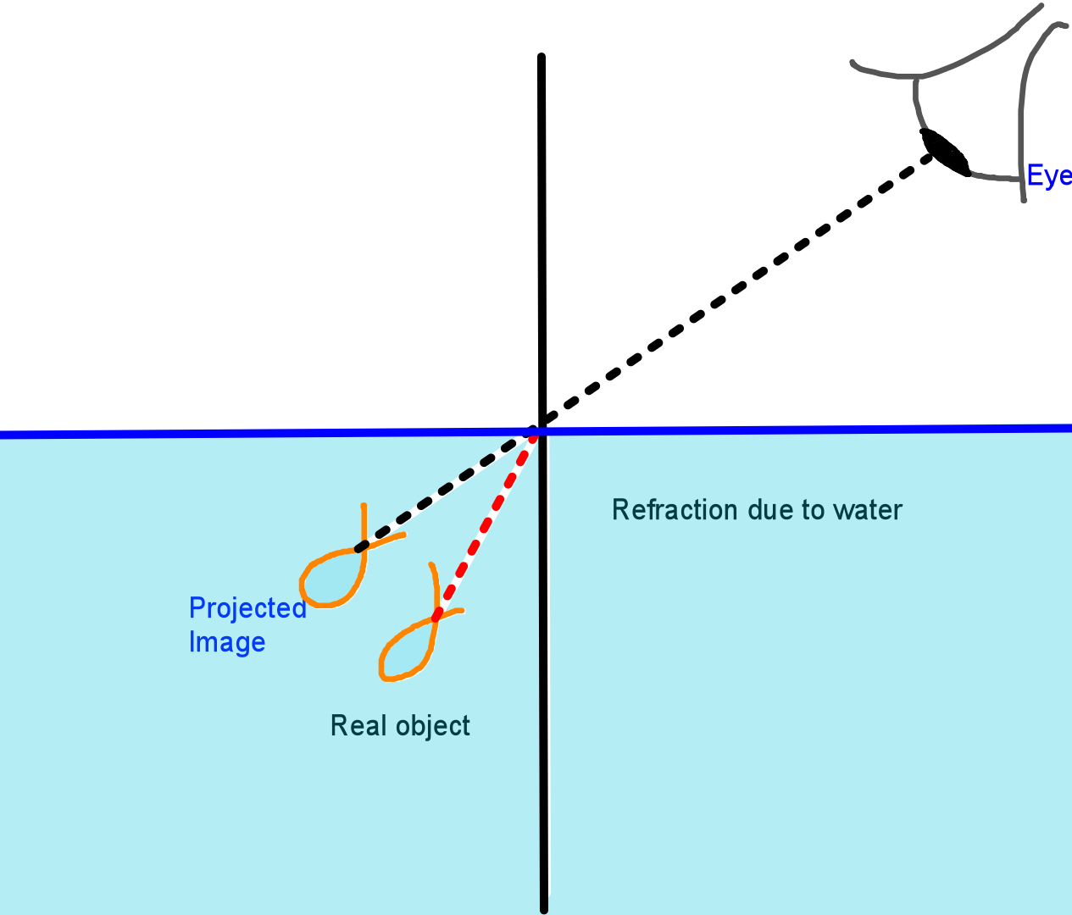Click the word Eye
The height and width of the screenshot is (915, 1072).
1049,176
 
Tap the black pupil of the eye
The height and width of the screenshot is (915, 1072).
946,152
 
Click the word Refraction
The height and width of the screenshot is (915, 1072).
675,510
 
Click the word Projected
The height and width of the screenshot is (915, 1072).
247,608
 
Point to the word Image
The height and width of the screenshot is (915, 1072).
226,642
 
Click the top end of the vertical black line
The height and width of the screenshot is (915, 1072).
542,58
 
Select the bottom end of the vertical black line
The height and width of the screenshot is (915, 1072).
543,908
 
